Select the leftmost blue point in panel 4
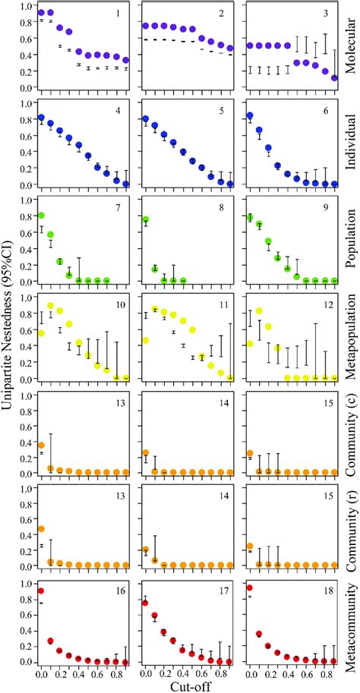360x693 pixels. pyautogui.click(x=41, y=118)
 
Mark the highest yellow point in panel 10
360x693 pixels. pyautogui.click(x=51, y=306)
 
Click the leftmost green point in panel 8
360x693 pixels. pyautogui.click(x=145, y=220)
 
